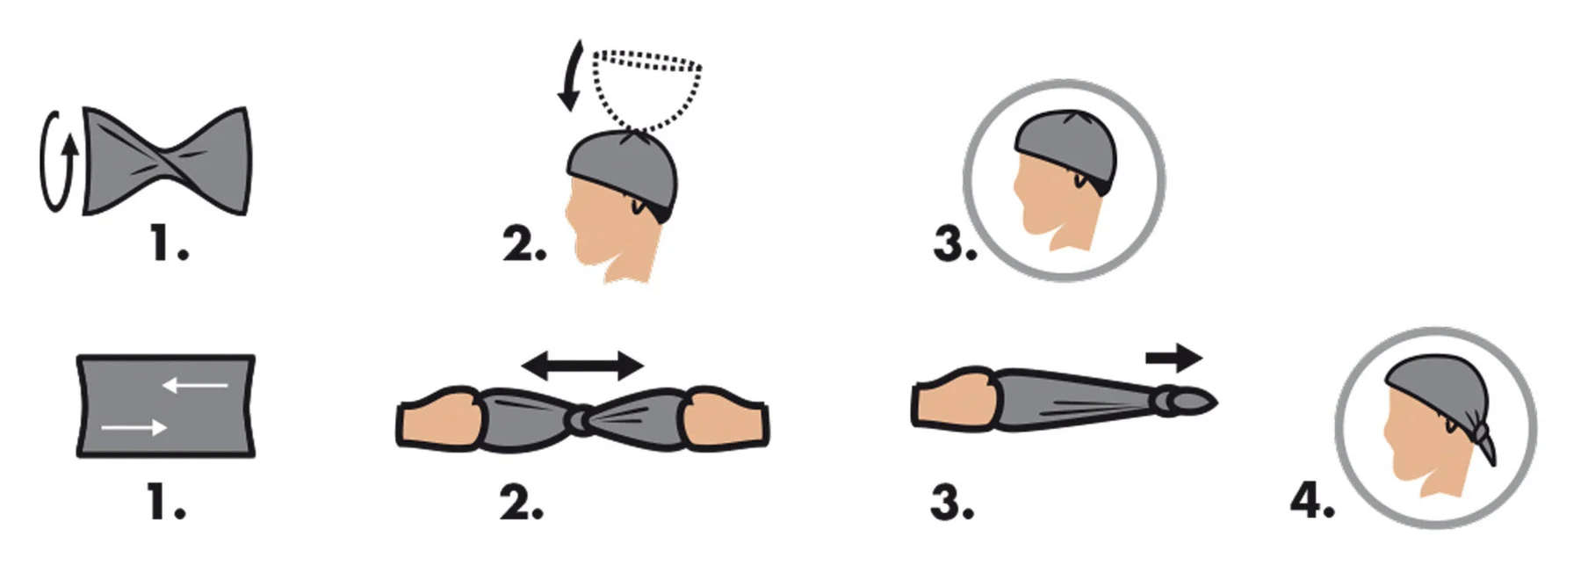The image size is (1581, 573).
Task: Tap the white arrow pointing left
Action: tap(195, 384)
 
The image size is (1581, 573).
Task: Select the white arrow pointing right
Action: tap(134, 427)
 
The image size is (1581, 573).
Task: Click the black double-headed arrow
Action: tap(582, 365)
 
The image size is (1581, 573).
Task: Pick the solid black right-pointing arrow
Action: tap(1174, 358)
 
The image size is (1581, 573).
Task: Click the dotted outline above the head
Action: tap(648, 89)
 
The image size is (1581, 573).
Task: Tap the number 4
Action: tap(1311, 501)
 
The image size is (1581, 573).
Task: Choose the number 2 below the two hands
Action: tap(522, 504)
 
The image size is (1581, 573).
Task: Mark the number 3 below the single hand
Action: tap(952, 504)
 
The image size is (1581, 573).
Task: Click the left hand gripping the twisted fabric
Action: tap(439, 419)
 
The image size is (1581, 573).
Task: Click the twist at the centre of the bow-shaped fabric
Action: tap(168, 160)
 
